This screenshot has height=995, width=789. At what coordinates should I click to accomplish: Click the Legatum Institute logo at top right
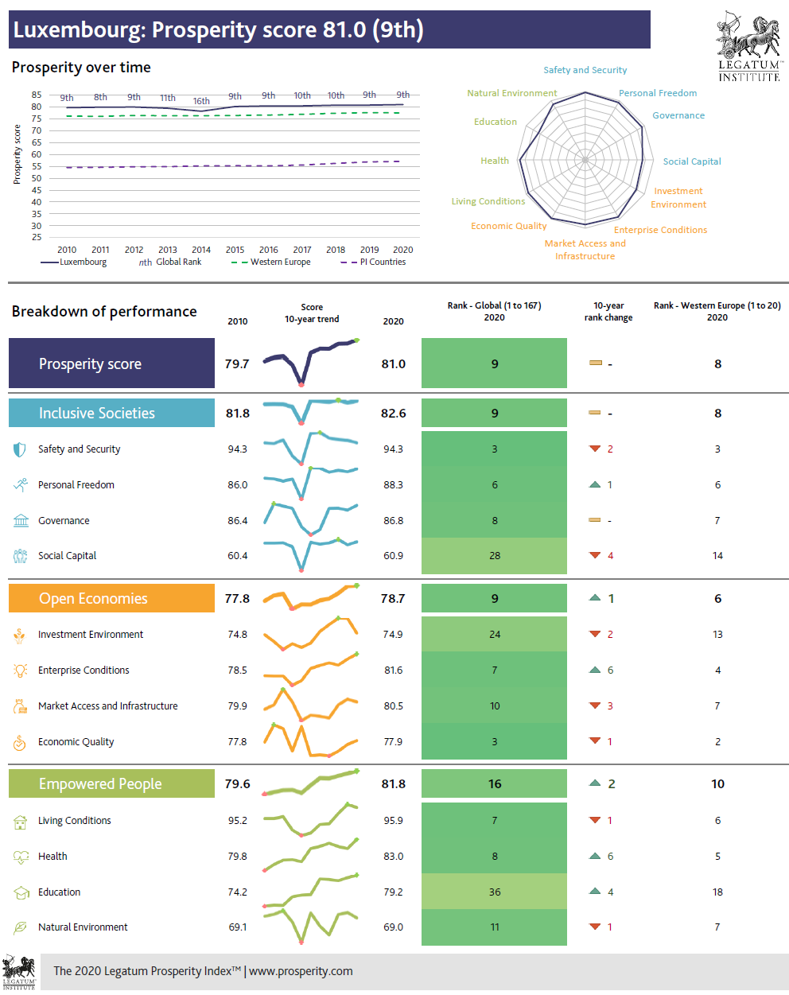(x=749, y=46)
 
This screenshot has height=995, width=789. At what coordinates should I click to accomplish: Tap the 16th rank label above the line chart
(x=201, y=101)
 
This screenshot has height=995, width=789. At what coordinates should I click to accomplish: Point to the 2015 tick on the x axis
(x=235, y=250)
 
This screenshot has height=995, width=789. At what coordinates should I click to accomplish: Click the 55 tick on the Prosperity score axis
(x=37, y=166)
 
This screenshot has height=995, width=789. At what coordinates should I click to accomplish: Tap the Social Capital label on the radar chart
(x=692, y=161)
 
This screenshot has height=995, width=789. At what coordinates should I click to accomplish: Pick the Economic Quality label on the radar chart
(x=508, y=226)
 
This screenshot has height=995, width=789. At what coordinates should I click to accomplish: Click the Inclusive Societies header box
(x=111, y=413)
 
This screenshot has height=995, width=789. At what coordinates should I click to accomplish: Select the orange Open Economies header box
(x=111, y=598)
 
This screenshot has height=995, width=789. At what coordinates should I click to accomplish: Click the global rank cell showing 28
(x=494, y=556)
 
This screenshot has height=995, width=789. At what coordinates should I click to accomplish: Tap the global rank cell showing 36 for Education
(x=494, y=892)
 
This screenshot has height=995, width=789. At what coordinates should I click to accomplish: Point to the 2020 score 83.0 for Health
(x=393, y=857)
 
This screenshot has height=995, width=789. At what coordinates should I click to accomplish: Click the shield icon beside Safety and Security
(x=20, y=449)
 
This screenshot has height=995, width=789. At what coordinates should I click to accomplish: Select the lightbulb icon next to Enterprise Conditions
(x=20, y=670)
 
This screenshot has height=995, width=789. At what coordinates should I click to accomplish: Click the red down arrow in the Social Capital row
(x=594, y=555)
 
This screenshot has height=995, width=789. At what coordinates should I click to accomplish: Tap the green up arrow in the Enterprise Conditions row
(x=594, y=670)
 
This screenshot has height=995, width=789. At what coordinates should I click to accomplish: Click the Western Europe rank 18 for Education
(x=717, y=892)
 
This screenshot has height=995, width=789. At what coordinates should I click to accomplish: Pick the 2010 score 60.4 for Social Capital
(x=237, y=556)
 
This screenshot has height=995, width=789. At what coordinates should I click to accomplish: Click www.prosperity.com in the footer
(x=301, y=971)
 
